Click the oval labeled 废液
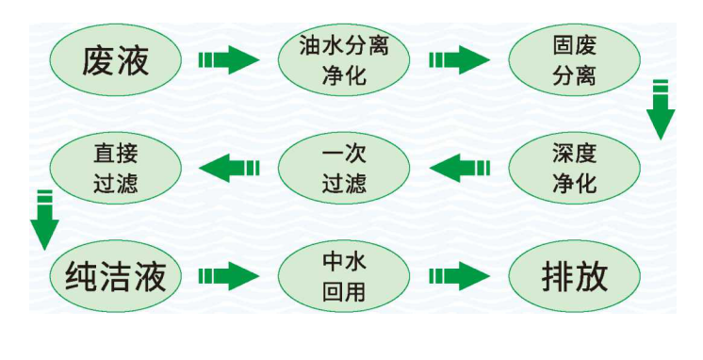click(116, 60)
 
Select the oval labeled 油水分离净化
click(344, 60)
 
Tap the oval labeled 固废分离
click(575, 60)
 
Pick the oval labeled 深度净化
click(575, 168)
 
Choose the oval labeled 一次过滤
click(344, 168)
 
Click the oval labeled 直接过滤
click(116, 168)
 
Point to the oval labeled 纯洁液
click(116, 276)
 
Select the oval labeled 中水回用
click(344, 276)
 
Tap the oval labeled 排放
click(575, 276)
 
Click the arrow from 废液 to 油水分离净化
click(229, 60)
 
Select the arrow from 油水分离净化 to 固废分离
click(459, 60)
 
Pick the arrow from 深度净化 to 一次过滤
click(459, 168)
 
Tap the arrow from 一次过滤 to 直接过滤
click(229, 168)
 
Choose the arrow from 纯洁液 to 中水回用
click(229, 276)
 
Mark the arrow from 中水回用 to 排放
click(459, 276)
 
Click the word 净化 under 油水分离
click(344, 74)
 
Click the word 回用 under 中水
click(344, 291)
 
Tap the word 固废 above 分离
click(575, 45)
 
